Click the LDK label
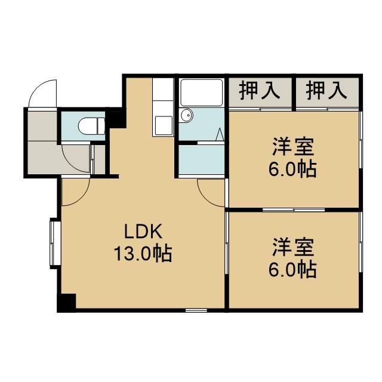143,231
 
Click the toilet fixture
91,126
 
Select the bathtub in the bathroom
202,93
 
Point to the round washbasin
187,115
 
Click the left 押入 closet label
260,91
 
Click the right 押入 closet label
326,91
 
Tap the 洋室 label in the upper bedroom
293,147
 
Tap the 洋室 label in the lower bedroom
293,248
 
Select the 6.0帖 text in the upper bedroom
292,169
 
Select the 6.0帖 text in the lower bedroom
292,270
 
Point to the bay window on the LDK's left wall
55,244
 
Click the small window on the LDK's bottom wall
196,310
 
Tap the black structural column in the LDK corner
66,303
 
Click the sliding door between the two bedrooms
294,210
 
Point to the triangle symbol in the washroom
220,134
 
